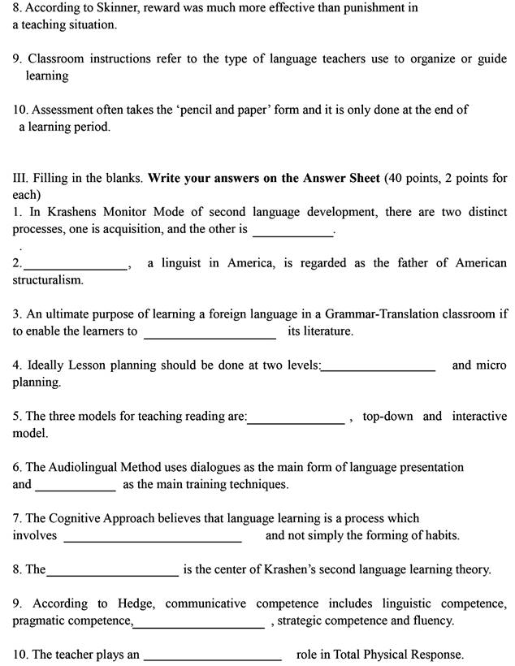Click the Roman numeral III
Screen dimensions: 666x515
click(x=20, y=178)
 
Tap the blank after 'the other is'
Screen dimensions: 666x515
click(x=293, y=231)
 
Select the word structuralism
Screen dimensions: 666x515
click(x=46, y=280)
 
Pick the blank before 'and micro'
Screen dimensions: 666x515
click(x=379, y=366)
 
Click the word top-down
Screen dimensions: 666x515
click(x=387, y=417)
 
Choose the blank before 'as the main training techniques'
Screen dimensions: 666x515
click(x=76, y=486)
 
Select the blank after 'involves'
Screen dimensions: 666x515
click(x=153, y=537)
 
